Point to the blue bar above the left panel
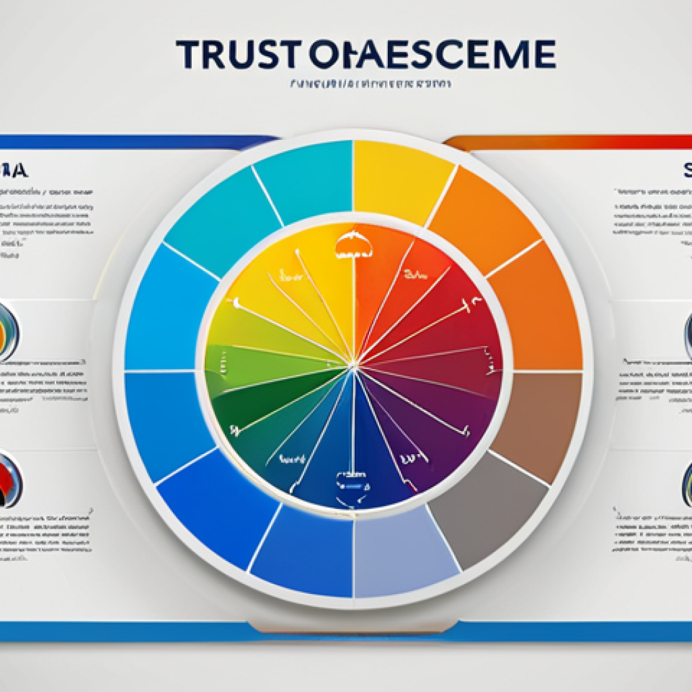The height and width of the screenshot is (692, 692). pyautogui.click(x=135, y=142)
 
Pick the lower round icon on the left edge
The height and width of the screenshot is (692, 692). pyautogui.click(x=9, y=480)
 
